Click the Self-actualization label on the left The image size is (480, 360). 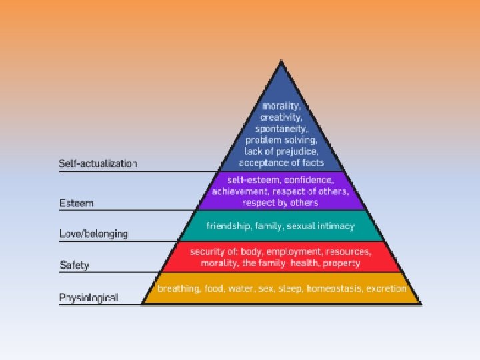[x=98, y=163]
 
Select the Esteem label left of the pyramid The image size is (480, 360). [x=76, y=203]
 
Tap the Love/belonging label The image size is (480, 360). [x=93, y=234]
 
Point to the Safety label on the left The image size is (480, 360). [x=74, y=265]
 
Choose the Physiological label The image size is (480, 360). [x=89, y=297]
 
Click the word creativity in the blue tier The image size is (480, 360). [x=280, y=117]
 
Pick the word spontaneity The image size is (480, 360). [x=280, y=129]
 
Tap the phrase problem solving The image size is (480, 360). [x=280, y=140]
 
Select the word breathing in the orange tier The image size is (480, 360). [x=178, y=289]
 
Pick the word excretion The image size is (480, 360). [x=386, y=289]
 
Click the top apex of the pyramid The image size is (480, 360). [x=281, y=61]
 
